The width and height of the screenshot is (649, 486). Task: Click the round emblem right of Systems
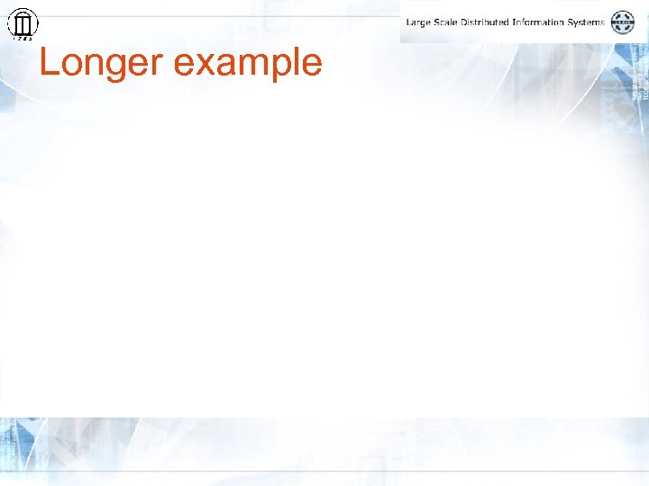[623, 22]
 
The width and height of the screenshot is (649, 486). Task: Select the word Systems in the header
[587, 22]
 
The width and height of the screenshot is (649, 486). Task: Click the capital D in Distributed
[462, 22]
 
